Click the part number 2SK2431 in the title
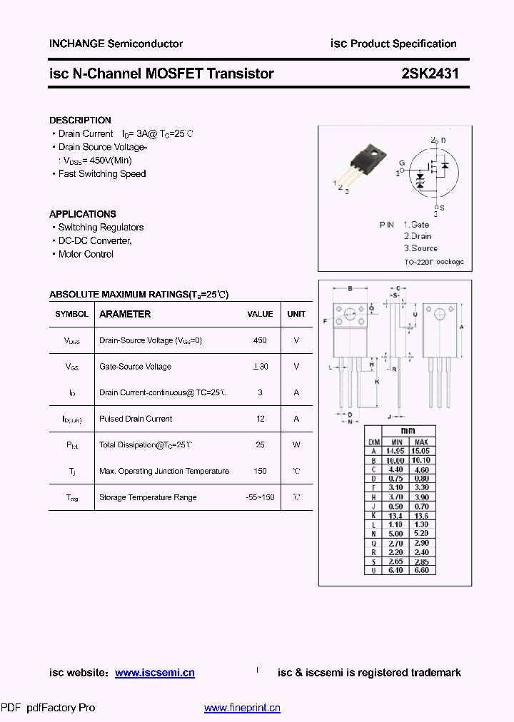coord(425,73)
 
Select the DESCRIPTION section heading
coord(80,121)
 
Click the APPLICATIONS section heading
coord(82,214)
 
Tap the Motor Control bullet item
coord(86,254)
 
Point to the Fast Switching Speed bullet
coord(102,173)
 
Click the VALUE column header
coord(260,314)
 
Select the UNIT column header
coord(296,314)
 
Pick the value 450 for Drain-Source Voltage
coord(260,340)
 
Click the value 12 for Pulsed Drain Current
coord(260,419)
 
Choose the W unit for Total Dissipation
coord(296,444)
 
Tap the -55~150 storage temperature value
coord(260,497)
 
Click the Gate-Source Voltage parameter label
coord(135,367)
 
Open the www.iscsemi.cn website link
coord(154,673)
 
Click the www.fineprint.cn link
coord(242,708)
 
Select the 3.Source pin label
coord(420,248)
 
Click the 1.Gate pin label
coord(415,225)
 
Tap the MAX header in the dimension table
coord(421,442)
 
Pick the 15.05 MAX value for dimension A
coord(421,451)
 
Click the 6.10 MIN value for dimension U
coord(395,571)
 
